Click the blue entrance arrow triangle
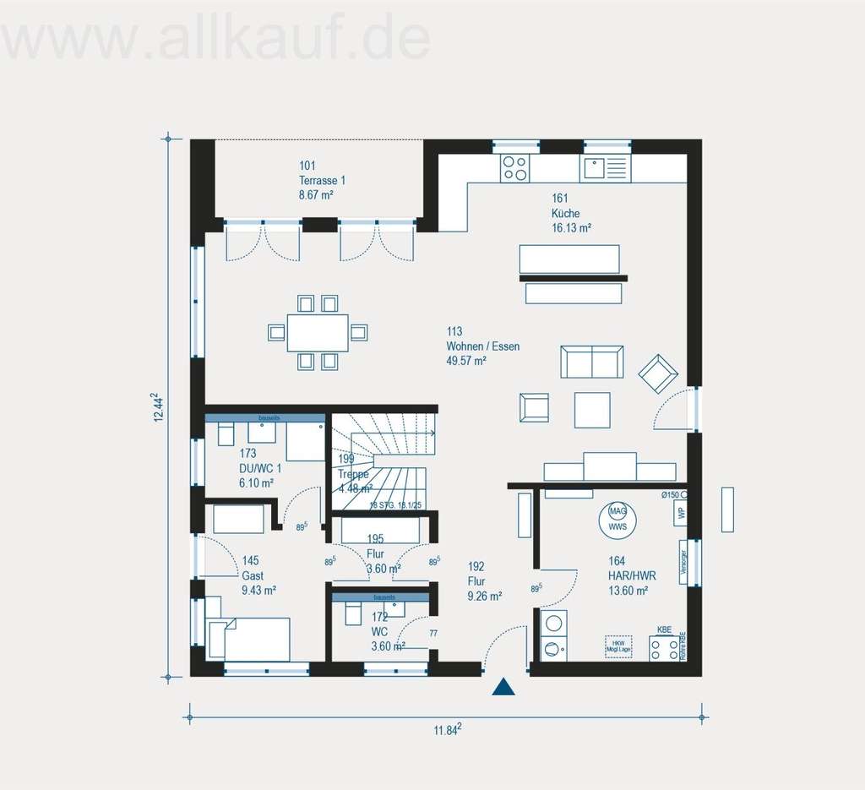503,687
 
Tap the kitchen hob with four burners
514,167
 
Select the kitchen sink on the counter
605,168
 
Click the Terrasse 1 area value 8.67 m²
316,195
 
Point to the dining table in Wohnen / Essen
318,332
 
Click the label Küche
565,214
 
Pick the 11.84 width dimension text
448,730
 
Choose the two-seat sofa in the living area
592,362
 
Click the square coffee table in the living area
592,410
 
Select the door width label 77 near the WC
433,633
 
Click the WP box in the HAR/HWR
681,514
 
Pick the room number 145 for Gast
250,559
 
